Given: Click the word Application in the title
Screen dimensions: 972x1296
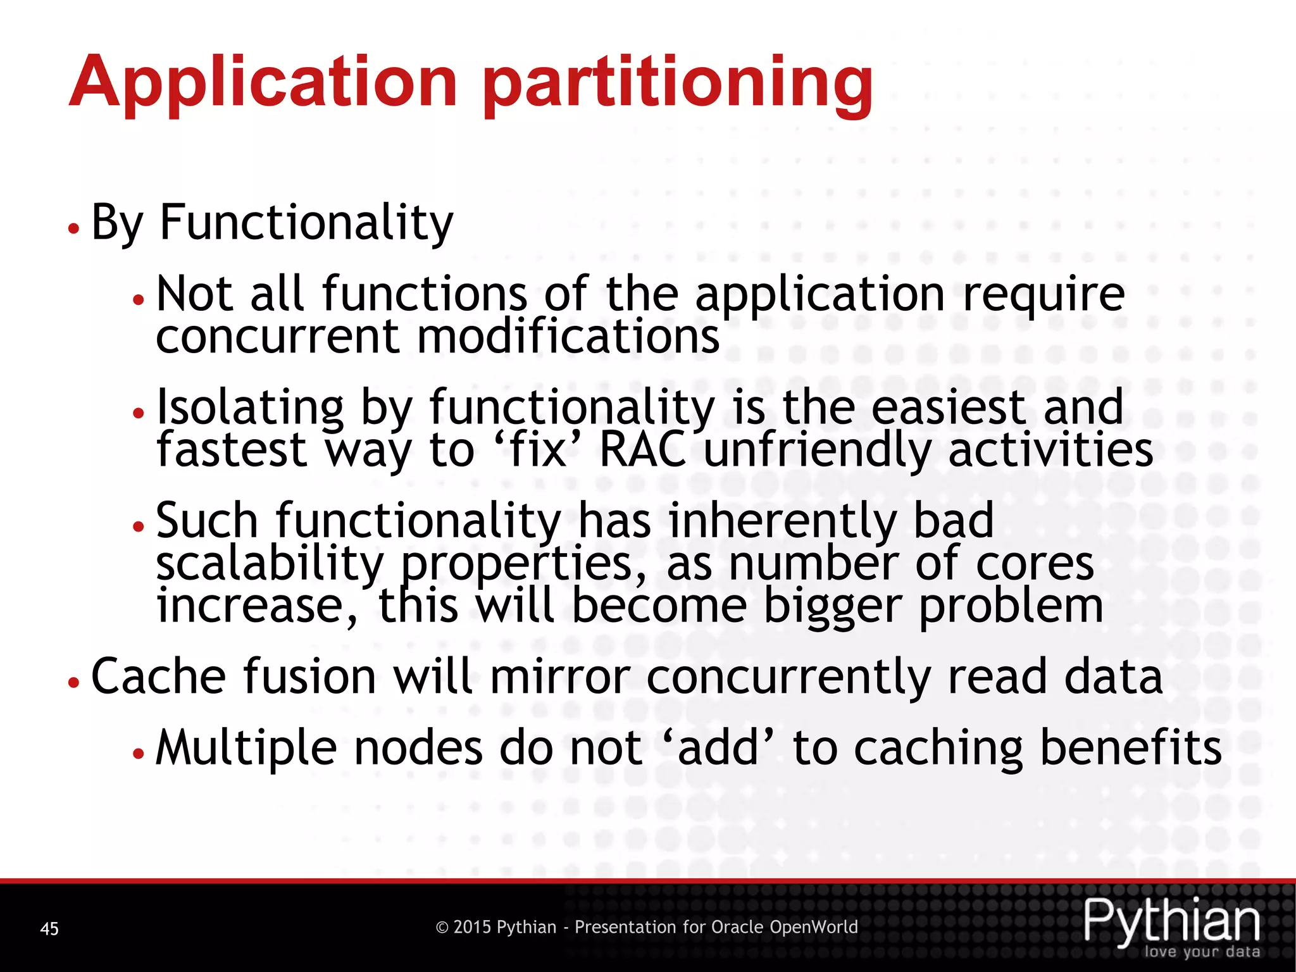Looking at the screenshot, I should [263, 82].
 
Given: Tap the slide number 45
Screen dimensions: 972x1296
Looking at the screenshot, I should [49, 929].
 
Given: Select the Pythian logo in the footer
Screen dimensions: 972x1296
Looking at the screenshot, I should [1171, 921].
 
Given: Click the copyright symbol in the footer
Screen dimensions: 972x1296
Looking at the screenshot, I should [442, 928].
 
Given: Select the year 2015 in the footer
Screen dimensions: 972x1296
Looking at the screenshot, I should [472, 927].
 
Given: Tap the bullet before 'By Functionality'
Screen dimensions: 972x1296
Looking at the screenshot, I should [74, 228].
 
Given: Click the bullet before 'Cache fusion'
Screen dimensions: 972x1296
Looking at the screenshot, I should [74, 682].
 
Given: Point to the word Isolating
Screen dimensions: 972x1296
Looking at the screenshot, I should [250, 407].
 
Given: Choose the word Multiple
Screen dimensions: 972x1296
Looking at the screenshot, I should [246, 748].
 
